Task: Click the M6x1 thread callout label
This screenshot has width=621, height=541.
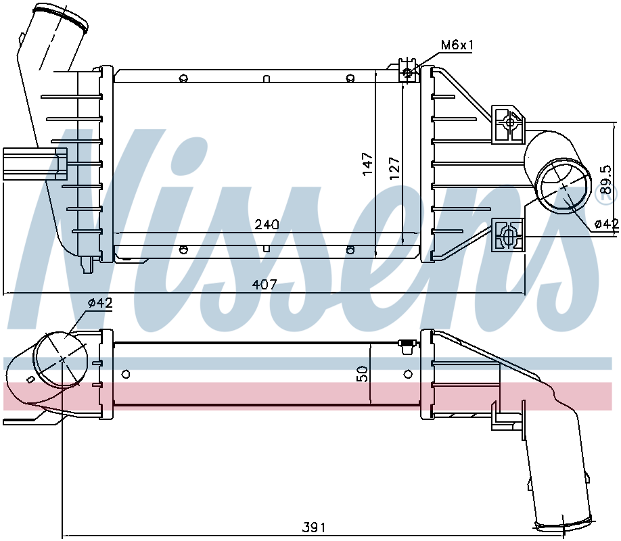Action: (x=457, y=45)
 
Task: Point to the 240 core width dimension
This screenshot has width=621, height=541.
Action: (x=267, y=224)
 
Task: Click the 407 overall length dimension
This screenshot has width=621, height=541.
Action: (x=264, y=285)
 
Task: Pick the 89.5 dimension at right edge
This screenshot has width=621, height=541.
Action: (x=605, y=178)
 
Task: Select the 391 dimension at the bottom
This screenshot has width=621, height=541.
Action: (x=313, y=527)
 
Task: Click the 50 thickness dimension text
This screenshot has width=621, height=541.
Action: (x=363, y=374)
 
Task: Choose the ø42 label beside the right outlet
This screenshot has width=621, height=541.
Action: (x=606, y=224)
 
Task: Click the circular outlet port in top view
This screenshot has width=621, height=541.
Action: (x=563, y=187)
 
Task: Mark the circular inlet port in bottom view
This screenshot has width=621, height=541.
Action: (x=62, y=359)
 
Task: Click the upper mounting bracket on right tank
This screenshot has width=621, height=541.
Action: (x=507, y=124)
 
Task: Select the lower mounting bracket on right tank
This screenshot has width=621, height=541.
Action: (x=508, y=235)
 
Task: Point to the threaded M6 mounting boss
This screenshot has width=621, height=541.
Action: (x=407, y=72)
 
